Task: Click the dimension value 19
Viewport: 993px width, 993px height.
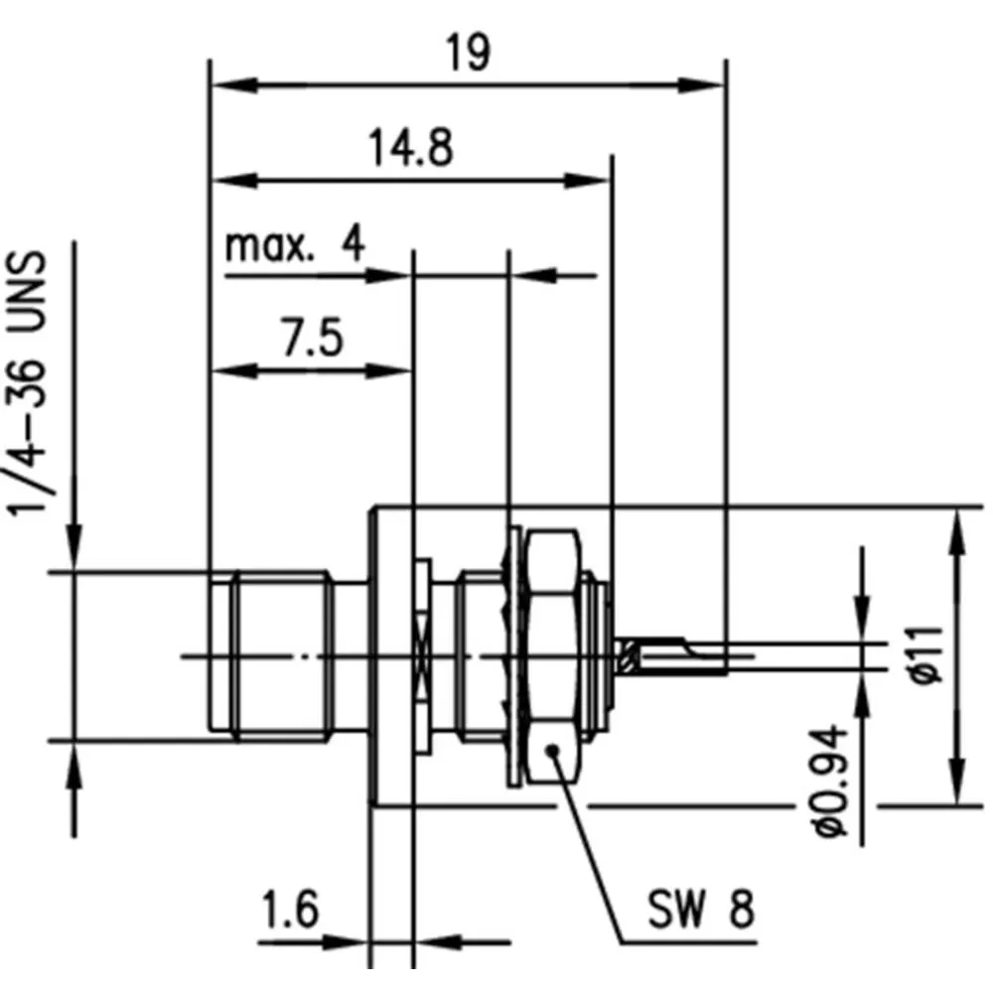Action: [x=468, y=53]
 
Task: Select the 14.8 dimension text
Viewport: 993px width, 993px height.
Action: [x=411, y=148]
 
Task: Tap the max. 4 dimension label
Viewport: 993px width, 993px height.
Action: [x=295, y=244]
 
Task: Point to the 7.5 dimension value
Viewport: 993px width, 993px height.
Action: [x=313, y=338]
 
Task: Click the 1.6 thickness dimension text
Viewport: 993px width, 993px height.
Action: [x=291, y=909]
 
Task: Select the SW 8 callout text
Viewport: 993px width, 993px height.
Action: [x=701, y=909]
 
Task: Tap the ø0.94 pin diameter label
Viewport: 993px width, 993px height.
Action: [x=831, y=781]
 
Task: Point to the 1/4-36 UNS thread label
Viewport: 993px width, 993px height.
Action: [x=28, y=383]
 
